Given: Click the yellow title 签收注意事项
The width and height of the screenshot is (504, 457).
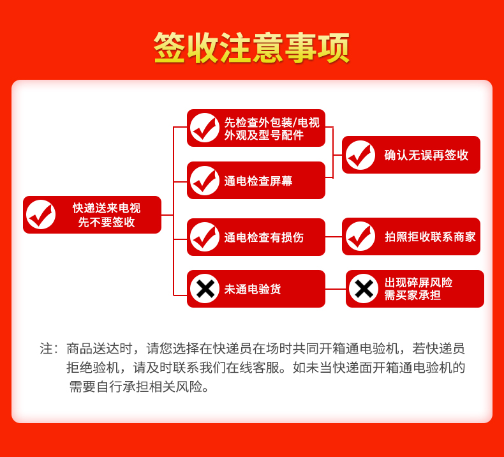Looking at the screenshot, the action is (251, 48).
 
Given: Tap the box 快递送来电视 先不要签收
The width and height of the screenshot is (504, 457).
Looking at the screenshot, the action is (93, 215).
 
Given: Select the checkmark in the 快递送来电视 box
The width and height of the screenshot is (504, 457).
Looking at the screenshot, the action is (41, 214).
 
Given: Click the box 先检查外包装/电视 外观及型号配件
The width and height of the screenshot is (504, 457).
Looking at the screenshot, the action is (256, 128).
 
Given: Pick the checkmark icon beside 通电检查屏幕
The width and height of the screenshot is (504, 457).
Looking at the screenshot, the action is (205, 181).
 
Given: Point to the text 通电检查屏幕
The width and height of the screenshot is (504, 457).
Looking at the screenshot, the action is (258, 181).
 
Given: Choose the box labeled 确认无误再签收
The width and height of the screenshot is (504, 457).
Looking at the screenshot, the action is (411, 155).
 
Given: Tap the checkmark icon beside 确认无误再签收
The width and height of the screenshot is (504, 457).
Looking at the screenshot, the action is (360, 155).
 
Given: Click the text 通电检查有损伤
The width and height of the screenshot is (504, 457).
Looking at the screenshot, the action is (264, 237).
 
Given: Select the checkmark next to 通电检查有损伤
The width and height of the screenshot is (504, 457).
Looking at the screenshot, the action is (205, 237).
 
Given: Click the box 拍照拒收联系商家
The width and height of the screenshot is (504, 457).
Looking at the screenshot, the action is (411, 237).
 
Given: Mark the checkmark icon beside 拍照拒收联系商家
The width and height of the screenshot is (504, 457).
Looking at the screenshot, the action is (360, 236).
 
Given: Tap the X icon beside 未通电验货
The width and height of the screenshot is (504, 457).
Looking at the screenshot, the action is (205, 288).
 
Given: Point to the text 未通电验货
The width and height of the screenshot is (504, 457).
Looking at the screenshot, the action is (253, 289).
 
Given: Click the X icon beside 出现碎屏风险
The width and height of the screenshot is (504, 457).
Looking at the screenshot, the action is (364, 288).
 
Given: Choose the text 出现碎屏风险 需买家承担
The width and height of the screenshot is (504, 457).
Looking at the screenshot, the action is (419, 288).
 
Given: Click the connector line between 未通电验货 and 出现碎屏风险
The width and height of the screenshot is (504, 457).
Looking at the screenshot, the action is (336, 289).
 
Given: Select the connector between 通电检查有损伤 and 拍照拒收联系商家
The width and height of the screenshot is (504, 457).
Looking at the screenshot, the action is (334, 237).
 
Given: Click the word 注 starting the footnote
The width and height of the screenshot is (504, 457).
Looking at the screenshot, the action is (46, 348).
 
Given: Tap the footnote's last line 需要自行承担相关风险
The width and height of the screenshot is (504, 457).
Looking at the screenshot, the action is (139, 387).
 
